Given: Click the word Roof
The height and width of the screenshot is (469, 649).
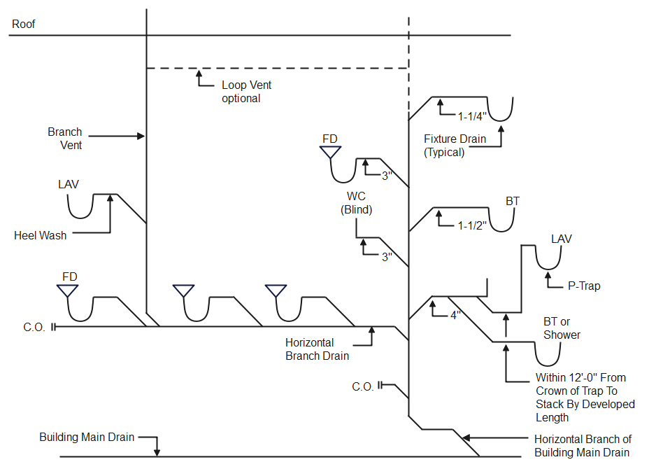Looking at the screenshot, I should coord(24,24).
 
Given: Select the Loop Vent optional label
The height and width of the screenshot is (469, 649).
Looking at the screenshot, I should coord(246,92).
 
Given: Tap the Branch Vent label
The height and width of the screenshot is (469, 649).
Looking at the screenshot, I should coord(65,139).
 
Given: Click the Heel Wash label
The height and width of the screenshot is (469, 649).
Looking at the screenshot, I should coord(41,236).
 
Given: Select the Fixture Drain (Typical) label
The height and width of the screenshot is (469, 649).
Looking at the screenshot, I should coord(455,146).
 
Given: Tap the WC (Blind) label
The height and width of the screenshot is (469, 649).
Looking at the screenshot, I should coord(356,203).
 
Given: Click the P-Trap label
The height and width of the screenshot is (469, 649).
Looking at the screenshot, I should coord(584,286).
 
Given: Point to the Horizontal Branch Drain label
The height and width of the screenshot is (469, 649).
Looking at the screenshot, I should coord(317,349).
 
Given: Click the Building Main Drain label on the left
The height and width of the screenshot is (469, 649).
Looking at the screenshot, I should coord(86,438).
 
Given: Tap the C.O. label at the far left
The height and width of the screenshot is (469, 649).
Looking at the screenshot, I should coord(34,327).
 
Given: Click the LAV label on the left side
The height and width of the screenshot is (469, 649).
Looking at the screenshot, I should coord(69,185).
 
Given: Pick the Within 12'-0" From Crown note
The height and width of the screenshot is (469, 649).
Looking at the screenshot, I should coord(585,398).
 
